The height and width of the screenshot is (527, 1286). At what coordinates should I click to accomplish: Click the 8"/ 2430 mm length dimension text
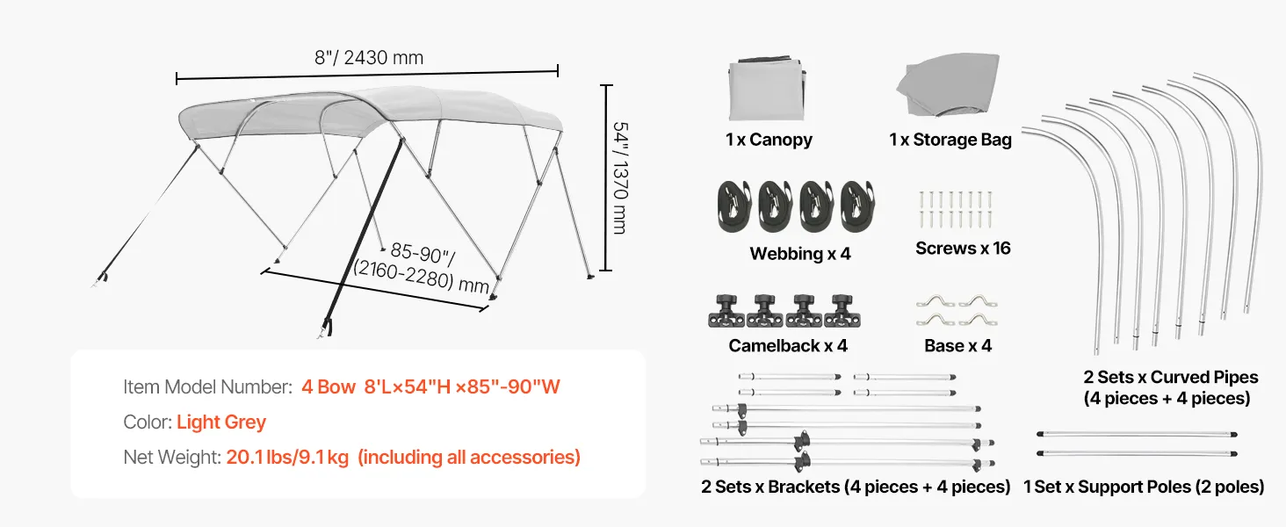pyautogui.click(x=369, y=57)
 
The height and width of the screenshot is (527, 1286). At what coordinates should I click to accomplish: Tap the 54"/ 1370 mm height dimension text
pyautogui.click(x=621, y=178)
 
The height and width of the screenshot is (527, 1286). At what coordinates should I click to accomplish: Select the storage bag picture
pyautogui.click(x=949, y=85)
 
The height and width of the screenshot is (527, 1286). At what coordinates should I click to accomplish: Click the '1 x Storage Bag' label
pyautogui.click(x=950, y=140)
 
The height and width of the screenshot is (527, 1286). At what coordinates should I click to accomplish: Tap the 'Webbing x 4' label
pyautogui.click(x=799, y=253)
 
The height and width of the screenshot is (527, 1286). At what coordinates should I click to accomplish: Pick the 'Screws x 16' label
pyautogui.click(x=963, y=248)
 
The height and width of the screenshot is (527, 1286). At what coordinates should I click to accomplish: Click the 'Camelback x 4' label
pyautogui.click(x=788, y=345)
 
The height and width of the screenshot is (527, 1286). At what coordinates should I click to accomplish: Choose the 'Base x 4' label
pyautogui.click(x=957, y=345)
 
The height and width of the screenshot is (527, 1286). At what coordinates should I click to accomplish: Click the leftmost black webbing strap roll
pyautogui.click(x=734, y=206)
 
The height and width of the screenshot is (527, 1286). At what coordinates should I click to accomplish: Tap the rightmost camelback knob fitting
pyautogui.click(x=842, y=311)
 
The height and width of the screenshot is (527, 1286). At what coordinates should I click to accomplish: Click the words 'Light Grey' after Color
pyautogui.click(x=221, y=422)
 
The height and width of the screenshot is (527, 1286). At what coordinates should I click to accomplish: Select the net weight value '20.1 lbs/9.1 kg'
pyautogui.click(x=287, y=457)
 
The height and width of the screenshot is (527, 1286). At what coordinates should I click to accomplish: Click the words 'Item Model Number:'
pyautogui.click(x=208, y=387)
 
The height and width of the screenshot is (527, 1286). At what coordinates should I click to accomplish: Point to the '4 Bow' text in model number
pyautogui.click(x=329, y=387)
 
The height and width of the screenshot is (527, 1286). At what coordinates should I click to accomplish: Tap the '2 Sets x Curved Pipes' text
pyautogui.click(x=1171, y=377)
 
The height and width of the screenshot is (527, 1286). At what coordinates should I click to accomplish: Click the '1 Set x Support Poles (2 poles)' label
pyautogui.click(x=1144, y=487)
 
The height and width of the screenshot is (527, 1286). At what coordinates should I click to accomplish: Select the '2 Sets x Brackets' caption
pyautogui.click(x=769, y=487)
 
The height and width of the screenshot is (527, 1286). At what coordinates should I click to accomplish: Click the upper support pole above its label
pyautogui.click(x=1137, y=435)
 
